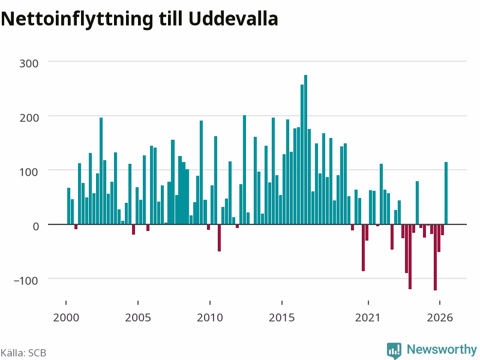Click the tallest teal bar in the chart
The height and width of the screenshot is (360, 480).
[x=305, y=149]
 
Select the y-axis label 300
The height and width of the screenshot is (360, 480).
[x=29, y=64]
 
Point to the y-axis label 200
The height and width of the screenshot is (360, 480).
[x=29, y=118]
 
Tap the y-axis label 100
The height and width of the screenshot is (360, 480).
[x=29, y=172]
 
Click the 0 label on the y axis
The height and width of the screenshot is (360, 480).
[x=36, y=227]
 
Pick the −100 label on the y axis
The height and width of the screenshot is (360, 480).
[x=26, y=280]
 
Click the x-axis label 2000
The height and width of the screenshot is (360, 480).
[x=66, y=317]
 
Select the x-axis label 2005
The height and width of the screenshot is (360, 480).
[x=138, y=317]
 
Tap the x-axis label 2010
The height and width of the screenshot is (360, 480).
[x=210, y=317]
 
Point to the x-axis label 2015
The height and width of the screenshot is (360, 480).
[x=282, y=317]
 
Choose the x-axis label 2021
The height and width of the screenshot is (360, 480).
[x=368, y=317]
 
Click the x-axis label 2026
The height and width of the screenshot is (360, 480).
[x=440, y=317]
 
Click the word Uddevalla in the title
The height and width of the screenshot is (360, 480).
[x=233, y=19]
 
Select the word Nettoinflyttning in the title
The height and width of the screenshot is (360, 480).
[x=77, y=20]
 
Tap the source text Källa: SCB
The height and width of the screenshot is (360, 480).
[x=23, y=353]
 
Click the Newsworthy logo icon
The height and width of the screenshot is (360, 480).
[x=394, y=350]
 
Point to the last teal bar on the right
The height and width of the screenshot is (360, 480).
[x=446, y=193]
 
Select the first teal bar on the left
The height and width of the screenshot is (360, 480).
[x=68, y=206]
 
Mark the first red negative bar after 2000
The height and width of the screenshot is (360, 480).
[x=76, y=227]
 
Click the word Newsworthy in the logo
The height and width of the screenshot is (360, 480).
[x=442, y=349]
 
